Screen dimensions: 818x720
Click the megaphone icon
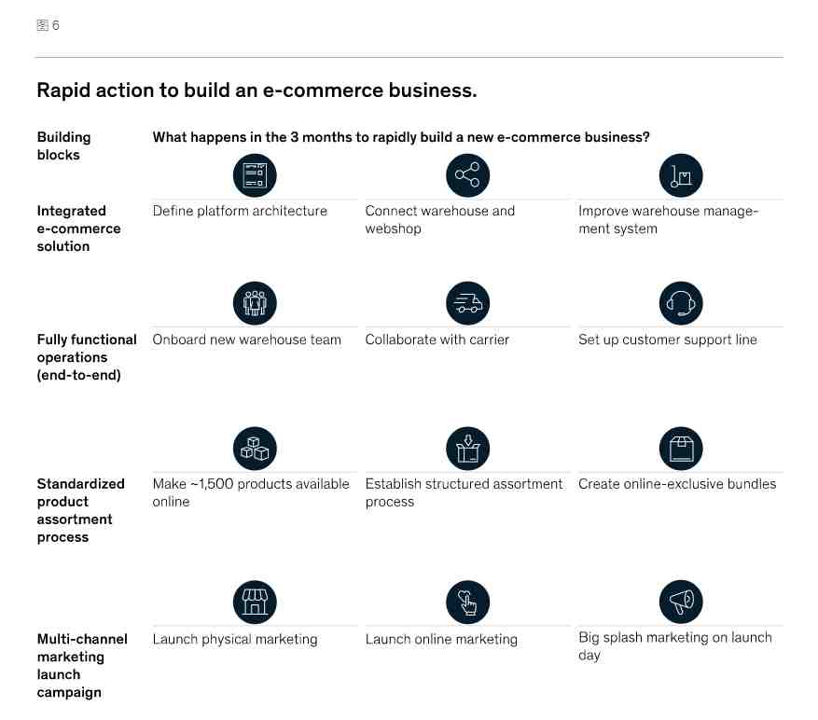681,602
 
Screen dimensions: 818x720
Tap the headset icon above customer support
681,303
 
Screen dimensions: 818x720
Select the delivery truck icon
468,303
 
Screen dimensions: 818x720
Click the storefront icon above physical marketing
255,602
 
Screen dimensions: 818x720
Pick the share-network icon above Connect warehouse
468,175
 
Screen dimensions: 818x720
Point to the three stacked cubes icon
255,449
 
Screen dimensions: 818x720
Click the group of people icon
255,303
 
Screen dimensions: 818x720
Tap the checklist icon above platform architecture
255,175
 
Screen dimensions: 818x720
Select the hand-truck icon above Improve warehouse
681,175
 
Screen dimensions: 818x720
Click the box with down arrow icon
468,449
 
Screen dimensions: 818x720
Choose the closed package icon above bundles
681,449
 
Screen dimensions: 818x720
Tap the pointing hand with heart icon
468,602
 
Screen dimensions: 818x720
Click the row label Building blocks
63,146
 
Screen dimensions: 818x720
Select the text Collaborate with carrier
437,339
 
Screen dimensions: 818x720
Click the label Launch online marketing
441,639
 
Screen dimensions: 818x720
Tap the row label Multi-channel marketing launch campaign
82,666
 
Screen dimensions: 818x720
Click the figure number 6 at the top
56,25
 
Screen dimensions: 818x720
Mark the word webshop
393,228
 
